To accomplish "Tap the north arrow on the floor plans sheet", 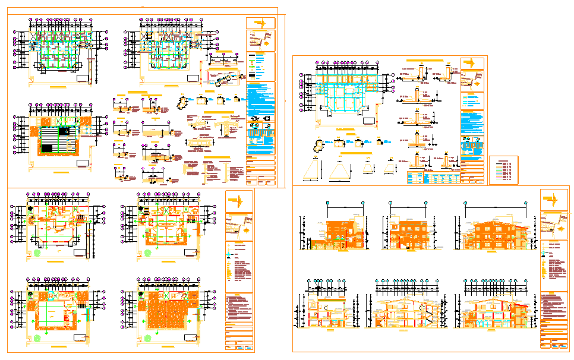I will pos(237,200).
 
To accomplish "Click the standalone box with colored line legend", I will pos(503,170).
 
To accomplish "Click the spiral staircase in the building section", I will pos(425,312).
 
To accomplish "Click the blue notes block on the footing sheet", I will pos(472,122).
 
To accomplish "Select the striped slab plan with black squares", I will pos(56,137).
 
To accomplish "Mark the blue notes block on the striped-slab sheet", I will pos(260,102).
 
